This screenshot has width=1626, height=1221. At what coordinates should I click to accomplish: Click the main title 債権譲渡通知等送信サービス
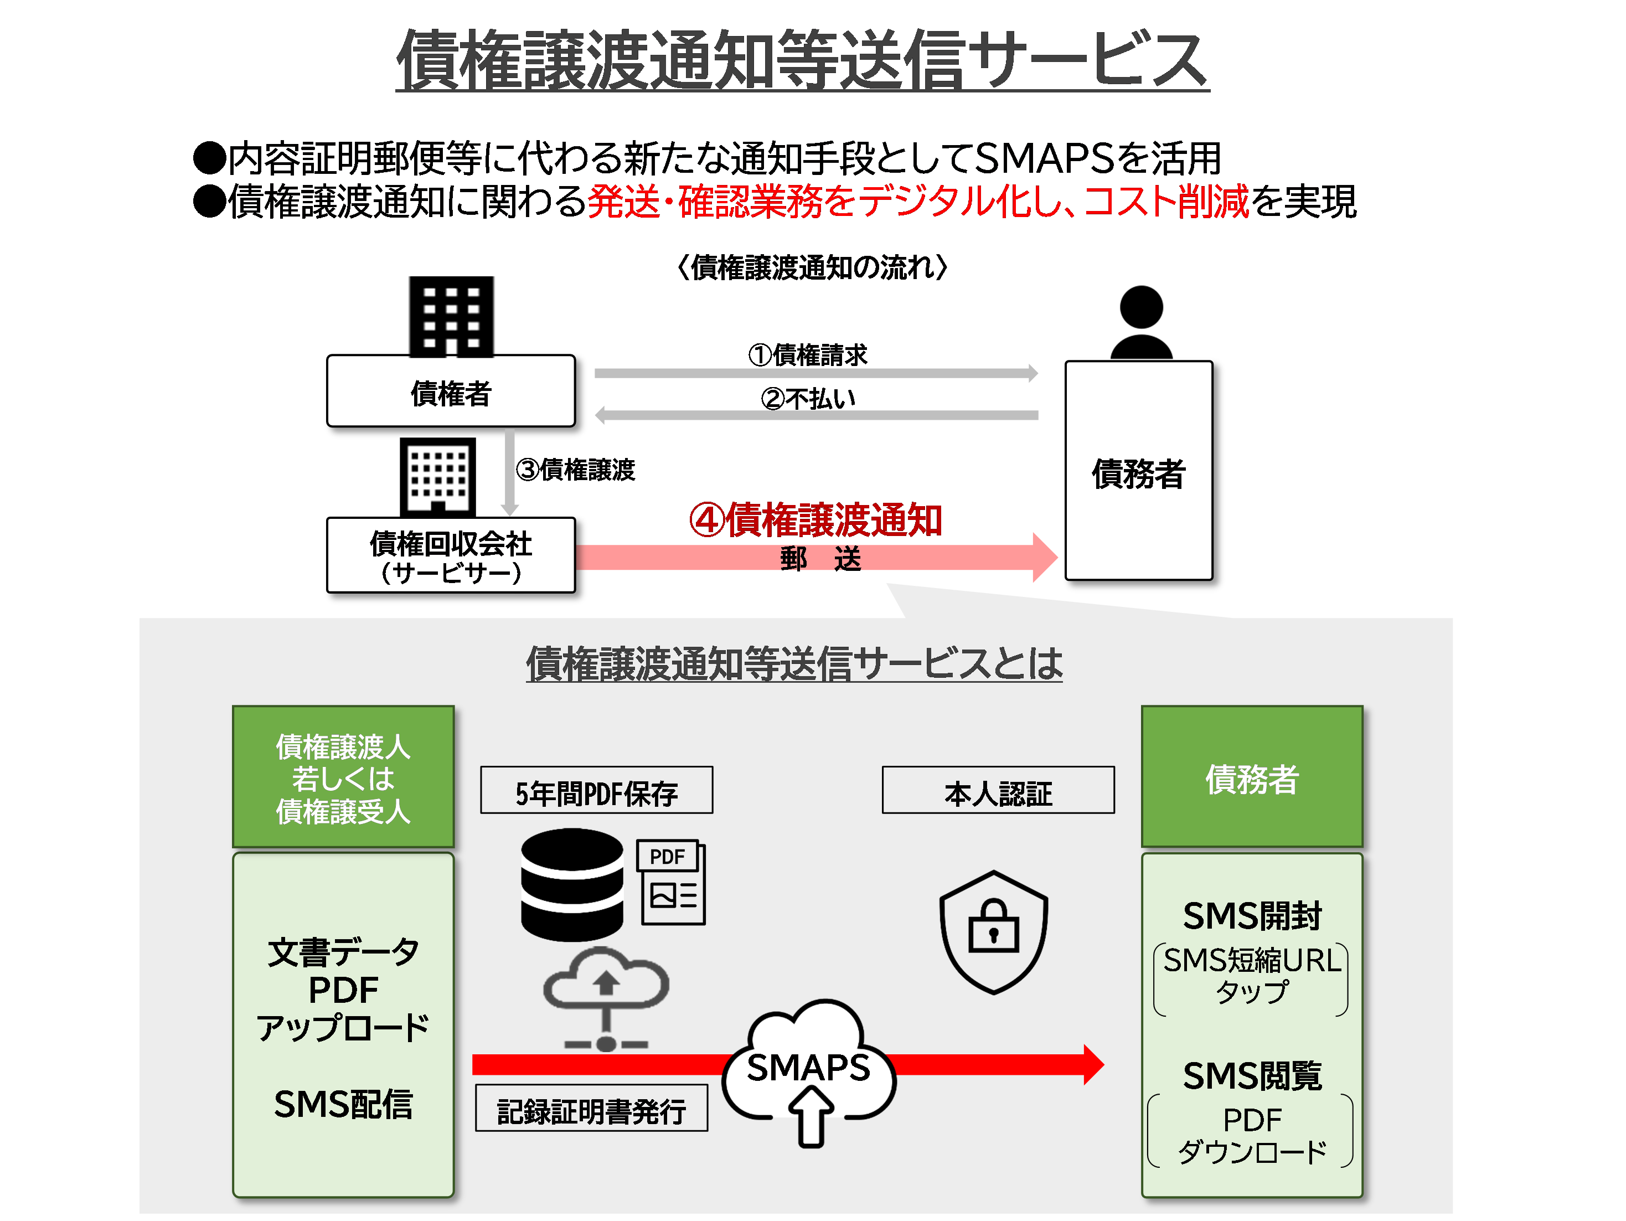click(802, 60)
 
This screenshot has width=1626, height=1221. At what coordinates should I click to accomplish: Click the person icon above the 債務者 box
click(1141, 322)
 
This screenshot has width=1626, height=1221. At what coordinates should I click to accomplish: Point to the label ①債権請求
click(808, 355)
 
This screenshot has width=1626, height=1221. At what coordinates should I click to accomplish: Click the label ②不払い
click(808, 399)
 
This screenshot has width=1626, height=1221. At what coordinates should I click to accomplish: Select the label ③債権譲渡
click(576, 469)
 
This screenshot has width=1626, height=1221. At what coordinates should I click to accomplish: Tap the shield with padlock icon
click(993, 931)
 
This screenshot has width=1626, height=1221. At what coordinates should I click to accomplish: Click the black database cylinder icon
click(572, 884)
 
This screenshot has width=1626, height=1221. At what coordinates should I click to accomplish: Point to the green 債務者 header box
click(1251, 777)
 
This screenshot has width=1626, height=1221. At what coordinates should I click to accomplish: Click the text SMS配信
click(343, 1104)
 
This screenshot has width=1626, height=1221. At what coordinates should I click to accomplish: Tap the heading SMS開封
click(1251, 915)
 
